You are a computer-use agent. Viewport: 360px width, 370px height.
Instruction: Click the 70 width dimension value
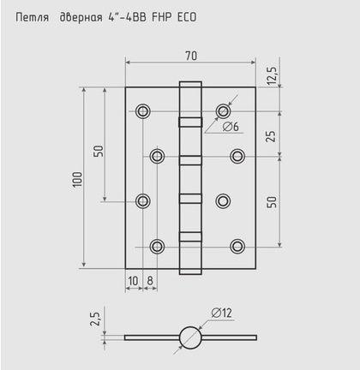(x=191, y=56)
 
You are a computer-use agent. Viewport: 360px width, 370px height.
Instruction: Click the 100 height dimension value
(x=76, y=178)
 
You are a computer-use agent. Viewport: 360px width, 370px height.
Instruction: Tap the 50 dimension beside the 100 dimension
(x=99, y=151)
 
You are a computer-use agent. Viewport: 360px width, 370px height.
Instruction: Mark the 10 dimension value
(x=133, y=280)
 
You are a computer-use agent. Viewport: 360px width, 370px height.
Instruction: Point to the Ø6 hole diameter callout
(x=231, y=127)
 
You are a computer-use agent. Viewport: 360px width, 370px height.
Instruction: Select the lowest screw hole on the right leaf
(x=237, y=247)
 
